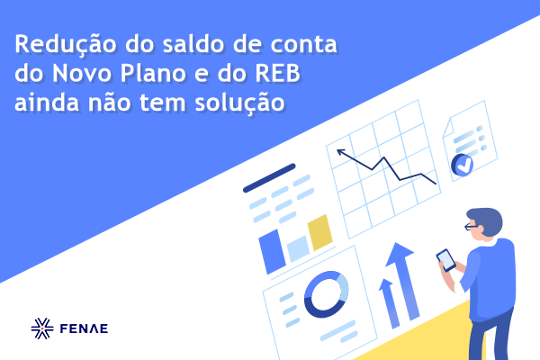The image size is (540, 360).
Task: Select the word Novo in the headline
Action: (x=82, y=73)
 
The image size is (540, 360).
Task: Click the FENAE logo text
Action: (x=84, y=328)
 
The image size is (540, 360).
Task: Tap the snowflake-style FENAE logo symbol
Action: (x=42, y=328)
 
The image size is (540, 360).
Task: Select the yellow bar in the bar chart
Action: (x=319, y=232)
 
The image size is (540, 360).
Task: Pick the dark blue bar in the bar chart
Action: (x=272, y=251)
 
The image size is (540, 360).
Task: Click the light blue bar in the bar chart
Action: (x=298, y=248)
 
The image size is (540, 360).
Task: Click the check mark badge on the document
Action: (x=463, y=165)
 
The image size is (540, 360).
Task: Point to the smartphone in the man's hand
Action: (x=446, y=260)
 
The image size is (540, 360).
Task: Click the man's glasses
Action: (x=471, y=226)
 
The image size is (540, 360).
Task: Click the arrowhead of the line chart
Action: (x=340, y=152)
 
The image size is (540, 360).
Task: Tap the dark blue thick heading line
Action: (x=269, y=178)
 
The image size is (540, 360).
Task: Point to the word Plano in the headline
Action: (x=154, y=73)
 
